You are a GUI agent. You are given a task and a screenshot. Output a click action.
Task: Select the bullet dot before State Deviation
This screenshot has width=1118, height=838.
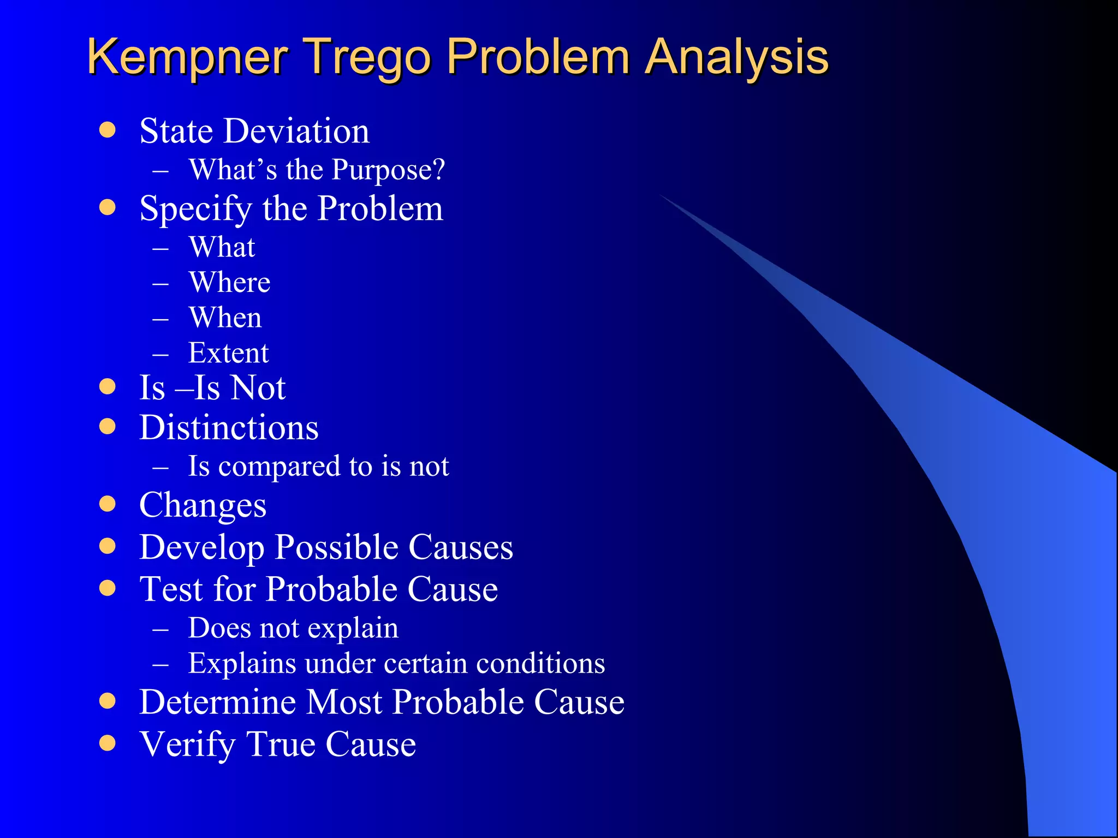[108, 130]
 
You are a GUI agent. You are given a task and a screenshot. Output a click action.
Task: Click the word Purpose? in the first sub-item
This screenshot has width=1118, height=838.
[388, 170]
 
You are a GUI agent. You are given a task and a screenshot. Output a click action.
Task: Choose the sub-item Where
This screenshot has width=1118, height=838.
[229, 283]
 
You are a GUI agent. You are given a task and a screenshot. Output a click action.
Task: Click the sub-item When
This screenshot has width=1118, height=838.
[225, 318]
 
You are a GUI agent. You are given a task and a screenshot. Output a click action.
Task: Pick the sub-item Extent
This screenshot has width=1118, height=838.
[228, 353]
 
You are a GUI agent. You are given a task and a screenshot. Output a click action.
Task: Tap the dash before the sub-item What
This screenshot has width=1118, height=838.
[160, 248]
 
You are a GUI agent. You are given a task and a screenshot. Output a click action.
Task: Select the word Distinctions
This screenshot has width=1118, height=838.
[229, 427]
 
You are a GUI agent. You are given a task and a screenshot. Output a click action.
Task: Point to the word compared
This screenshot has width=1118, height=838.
[279, 467]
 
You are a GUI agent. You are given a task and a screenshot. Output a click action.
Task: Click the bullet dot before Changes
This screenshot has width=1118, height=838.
[108, 504]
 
